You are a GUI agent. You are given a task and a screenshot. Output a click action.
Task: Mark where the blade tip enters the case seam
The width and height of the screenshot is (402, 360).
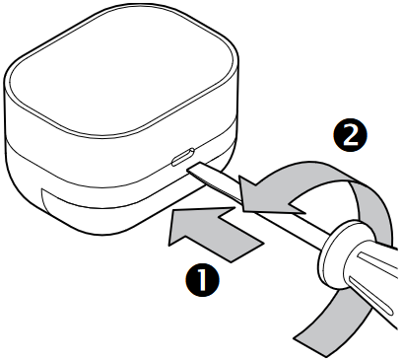[x=187, y=167]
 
